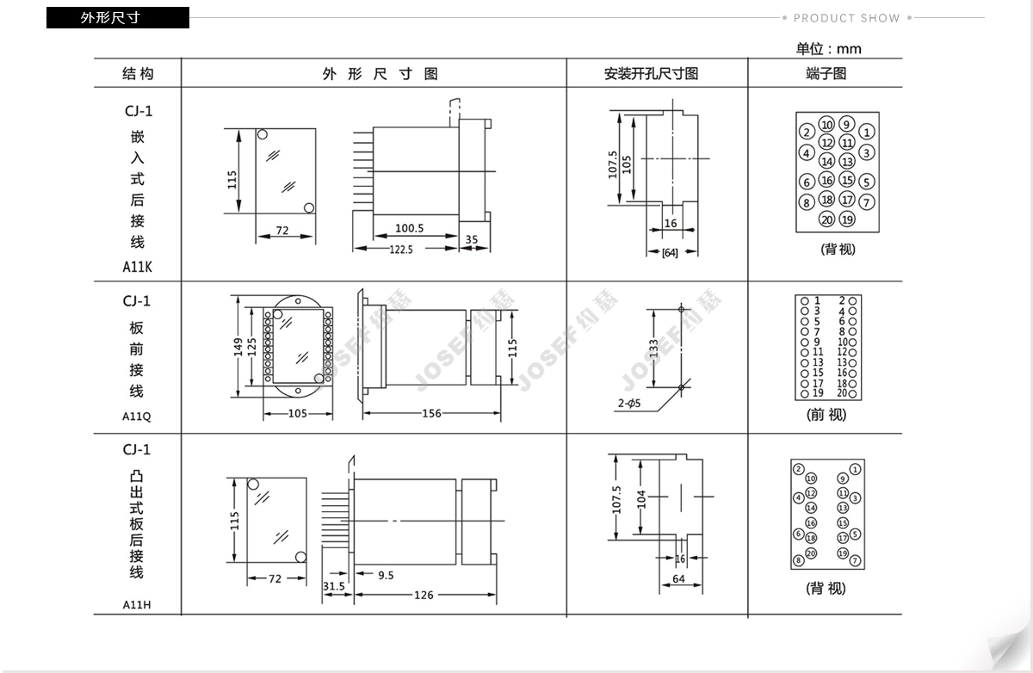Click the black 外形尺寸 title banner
[118, 17]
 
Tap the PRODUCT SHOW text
[847, 18]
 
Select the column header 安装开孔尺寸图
[651, 74]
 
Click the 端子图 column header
[826, 74]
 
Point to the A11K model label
[137, 267]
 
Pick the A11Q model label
[137, 417]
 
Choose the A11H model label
[137, 605]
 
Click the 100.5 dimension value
[409, 228]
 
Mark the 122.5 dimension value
[401, 250]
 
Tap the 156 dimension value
[431, 413]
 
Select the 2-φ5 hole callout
[629, 404]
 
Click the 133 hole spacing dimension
[653, 349]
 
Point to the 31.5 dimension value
[333, 586]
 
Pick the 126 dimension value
[424, 595]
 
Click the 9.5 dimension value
[386, 575]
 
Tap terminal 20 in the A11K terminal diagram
[827, 219]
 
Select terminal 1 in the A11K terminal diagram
[867, 133]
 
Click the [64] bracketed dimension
[670, 253]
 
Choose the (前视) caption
[826, 415]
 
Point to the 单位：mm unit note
[829, 49]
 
